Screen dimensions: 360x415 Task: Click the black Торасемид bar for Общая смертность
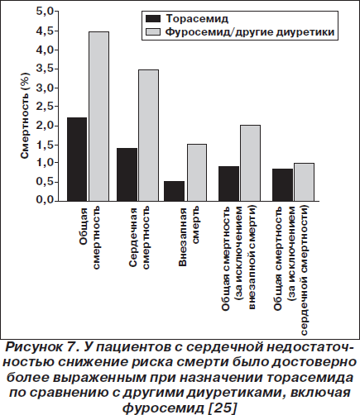pyautogui.click(x=77, y=160)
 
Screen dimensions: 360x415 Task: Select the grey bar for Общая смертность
pyautogui.click(x=98, y=117)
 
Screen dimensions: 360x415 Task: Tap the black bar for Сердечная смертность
pyautogui.click(x=127, y=174)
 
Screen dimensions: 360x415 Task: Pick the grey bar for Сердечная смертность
pyautogui.click(x=148, y=136)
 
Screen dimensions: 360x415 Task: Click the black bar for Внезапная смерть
pyautogui.click(x=174, y=191)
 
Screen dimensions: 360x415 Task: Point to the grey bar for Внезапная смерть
pyautogui.click(x=197, y=173)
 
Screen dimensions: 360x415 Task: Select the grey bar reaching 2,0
pyautogui.click(x=250, y=163)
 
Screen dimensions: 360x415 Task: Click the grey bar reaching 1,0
pyautogui.click(x=304, y=182)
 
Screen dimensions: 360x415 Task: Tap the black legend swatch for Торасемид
pyautogui.click(x=153, y=19)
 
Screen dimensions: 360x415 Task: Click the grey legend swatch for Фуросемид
pyautogui.click(x=153, y=32)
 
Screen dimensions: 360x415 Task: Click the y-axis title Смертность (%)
pyautogui.click(x=25, y=116)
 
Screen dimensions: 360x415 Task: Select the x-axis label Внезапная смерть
pyautogui.click(x=190, y=237)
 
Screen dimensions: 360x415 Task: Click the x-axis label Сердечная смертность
pyautogui.click(x=140, y=237)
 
